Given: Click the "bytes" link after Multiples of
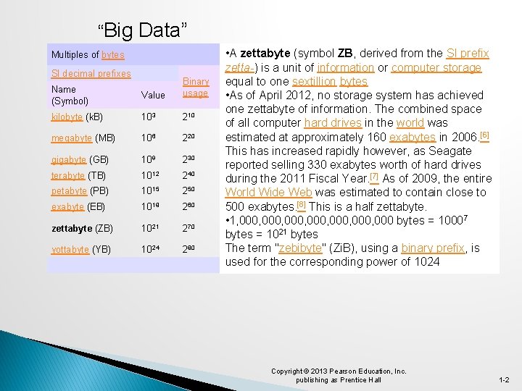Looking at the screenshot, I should tap(113, 55).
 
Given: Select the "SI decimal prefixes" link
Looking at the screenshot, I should tap(91, 73).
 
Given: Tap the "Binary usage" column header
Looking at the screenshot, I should tap(195, 87).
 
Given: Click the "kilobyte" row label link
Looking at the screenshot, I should tap(67, 117).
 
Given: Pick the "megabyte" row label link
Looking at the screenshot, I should tap(72, 138).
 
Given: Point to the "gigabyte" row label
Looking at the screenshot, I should tap(69, 159).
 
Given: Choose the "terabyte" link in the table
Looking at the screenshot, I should tap(68, 175).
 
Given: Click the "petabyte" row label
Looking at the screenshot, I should tap(70, 191).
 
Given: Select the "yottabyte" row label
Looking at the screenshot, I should tap(70, 249).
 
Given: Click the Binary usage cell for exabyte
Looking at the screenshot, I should tap(190, 206).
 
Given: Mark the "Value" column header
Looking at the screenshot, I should tap(153, 95).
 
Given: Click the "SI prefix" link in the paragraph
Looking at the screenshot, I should tap(468, 54).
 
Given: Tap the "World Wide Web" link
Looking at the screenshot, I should tap(269, 193).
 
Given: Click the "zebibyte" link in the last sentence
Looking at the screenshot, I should tap(307, 248).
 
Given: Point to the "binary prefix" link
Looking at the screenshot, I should tap(433, 248).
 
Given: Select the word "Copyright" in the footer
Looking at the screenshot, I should tap(287, 371).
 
